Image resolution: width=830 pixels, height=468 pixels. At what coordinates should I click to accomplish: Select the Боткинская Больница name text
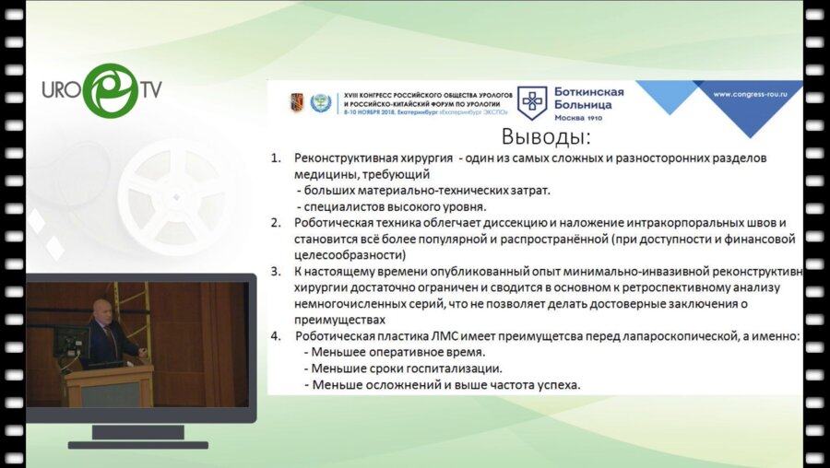(588, 99)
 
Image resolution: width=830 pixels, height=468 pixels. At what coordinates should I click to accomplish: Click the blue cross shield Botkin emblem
(531, 101)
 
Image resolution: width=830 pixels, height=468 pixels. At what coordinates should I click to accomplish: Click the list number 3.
(275, 272)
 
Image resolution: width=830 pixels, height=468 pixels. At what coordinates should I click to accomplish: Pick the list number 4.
(275, 336)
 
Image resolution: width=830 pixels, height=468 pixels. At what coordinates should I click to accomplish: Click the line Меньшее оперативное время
(394, 352)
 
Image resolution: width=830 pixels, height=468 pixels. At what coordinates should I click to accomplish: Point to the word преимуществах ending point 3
(339, 320)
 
